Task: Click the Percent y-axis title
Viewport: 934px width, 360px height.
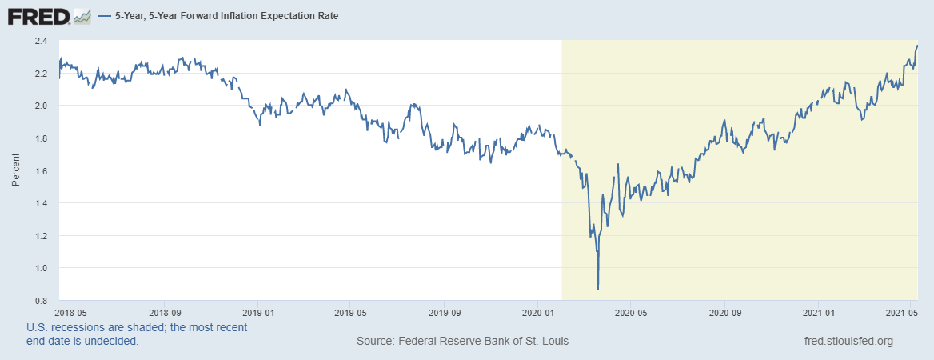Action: [x=16, y=170]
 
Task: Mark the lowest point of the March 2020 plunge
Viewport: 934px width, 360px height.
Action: [x=598, y=289]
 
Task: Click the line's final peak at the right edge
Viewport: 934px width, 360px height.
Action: [x=917, y=46]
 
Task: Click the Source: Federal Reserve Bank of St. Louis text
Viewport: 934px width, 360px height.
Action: [x=462, y=342]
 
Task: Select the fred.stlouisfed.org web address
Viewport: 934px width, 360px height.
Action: [x=848, y=342]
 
